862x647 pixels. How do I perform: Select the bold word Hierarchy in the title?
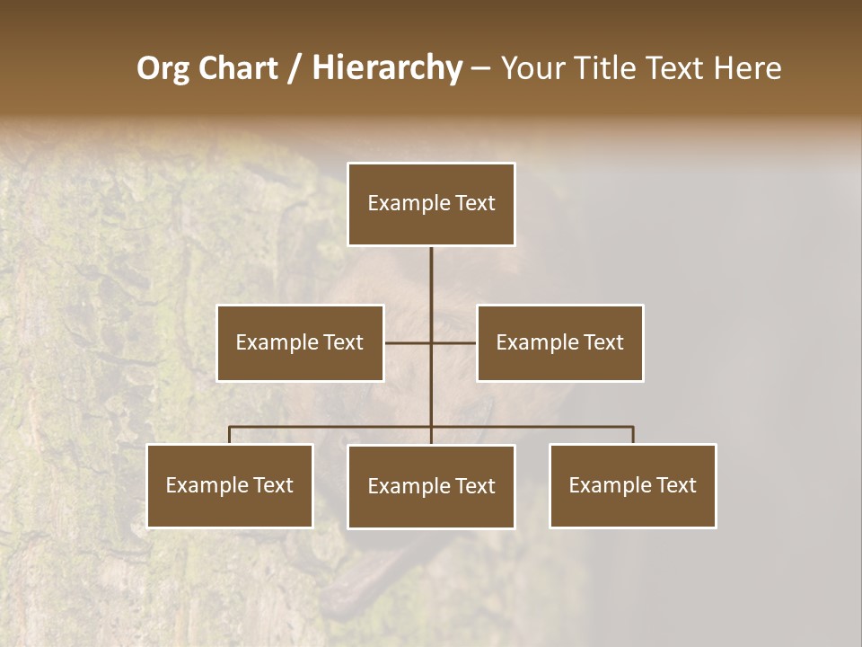pos(386,68)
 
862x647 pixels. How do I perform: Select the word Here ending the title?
pos(748,68)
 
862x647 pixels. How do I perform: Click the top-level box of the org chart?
pos(431,204)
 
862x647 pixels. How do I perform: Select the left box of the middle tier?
pos(300,342)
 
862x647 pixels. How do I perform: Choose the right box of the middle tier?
pos(559,342)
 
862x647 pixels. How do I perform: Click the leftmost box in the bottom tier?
pos(230,485)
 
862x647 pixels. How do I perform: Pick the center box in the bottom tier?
pos(431,486)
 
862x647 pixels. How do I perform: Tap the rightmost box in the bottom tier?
pos(633,485)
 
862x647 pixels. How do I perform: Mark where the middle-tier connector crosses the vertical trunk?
pos(431,342)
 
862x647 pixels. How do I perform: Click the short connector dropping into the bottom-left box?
pos(230,436)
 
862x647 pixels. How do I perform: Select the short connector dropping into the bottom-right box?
pos(633,436)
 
